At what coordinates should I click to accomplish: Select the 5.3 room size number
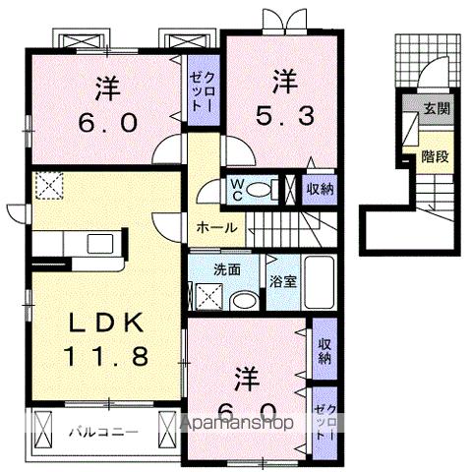[x=284, y=115]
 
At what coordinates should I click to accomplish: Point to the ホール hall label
[x=214, y=227]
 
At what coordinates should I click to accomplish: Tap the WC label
[x=237, y=190]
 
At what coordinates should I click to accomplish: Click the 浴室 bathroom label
[x=279, y=279]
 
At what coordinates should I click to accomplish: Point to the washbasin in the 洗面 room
[x=241, y=300]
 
